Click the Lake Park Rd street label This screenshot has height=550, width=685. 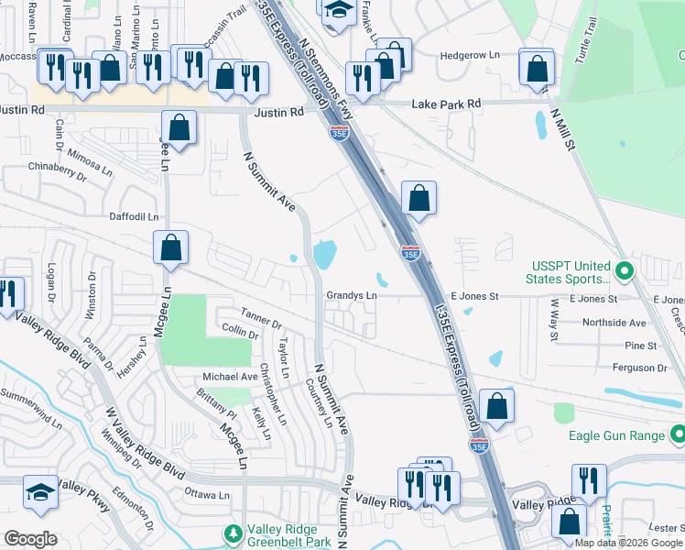[x=447, y=104]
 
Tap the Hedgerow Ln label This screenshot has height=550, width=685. [x=470, y=55]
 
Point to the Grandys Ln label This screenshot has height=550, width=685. [x=352, y=296]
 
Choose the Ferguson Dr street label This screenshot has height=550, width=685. [x=635, y=368]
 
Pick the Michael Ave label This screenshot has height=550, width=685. [x=230, y=377]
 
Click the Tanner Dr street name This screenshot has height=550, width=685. [x=262, y=317]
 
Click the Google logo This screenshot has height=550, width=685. [x=30, y=539]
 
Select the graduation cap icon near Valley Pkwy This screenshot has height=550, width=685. [x=40, y=493]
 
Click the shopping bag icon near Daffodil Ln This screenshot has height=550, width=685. [x=170, y=247]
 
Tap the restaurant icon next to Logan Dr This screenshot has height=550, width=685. [x=7, y=294]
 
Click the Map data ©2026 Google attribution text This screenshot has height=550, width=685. [x=629, y=543]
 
